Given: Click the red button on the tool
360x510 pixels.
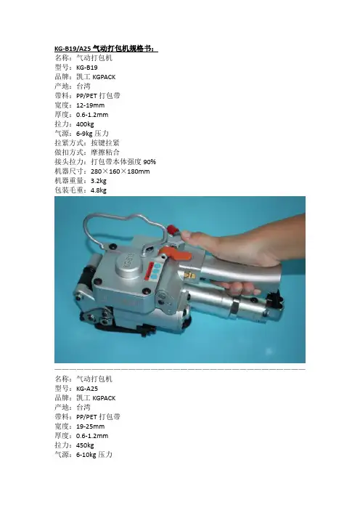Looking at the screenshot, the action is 173,230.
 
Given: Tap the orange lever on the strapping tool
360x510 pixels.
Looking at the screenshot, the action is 176,254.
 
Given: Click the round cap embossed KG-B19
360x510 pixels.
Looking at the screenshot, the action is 129,264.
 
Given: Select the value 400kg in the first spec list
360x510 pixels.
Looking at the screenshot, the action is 85,124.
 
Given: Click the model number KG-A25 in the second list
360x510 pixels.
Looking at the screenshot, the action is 87,389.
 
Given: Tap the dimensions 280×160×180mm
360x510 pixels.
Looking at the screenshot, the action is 120,171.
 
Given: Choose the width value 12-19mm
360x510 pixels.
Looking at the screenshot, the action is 90,105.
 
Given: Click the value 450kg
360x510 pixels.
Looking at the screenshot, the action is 85,445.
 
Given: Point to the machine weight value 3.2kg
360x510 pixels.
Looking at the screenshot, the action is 99,181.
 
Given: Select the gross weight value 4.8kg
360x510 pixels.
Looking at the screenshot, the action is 99,190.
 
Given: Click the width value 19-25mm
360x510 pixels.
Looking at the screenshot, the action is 90,426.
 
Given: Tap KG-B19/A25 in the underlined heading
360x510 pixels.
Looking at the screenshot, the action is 73,49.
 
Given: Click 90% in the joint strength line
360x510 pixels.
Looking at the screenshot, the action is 150,162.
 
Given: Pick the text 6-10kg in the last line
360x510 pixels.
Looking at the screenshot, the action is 86,455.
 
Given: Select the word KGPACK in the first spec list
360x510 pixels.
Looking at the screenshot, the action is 104,77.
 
